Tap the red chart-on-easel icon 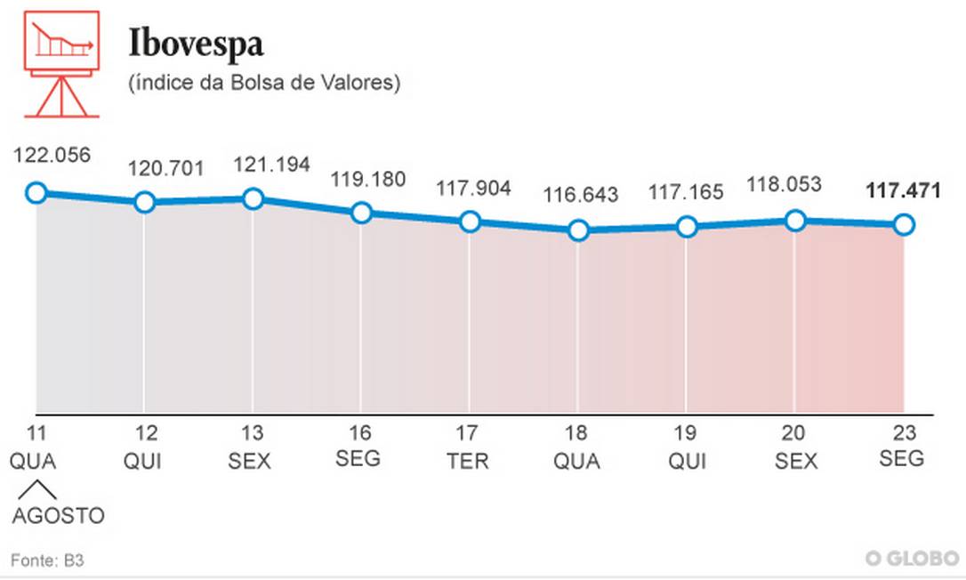coord(61,63)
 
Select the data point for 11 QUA coord(36,192)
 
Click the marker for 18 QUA coord(578,230)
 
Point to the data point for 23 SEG coord(903,224)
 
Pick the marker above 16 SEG coord(361,213)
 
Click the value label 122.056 coord(52,155)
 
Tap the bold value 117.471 coord(903,190)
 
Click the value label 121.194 coord(271,165)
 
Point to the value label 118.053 coord(784,185)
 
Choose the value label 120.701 coord(165,168)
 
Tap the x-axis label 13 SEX coord(253,447)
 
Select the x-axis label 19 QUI coord(687,447)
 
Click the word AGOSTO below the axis coord(58,516)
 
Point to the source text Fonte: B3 coord(47,560)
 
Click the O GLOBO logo coord(913,558)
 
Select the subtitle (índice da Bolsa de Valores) coord(265,84)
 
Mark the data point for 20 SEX coord(795,221)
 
